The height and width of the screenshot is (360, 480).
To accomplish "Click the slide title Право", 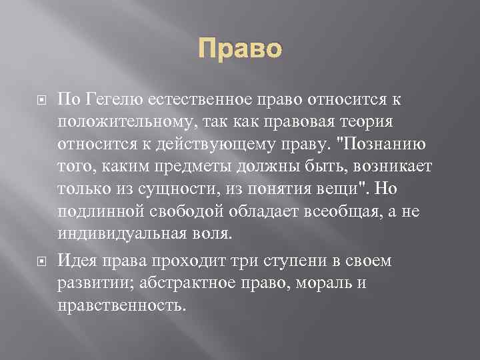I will [x=239, y=49].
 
